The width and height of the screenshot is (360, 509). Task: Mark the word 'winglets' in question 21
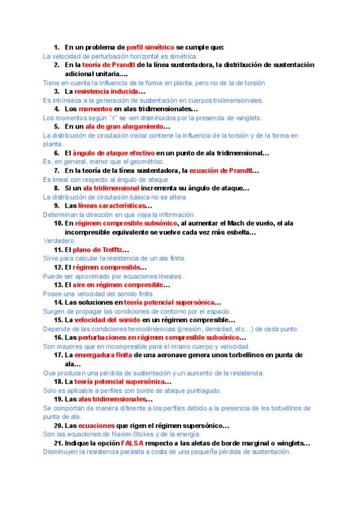[291, 443]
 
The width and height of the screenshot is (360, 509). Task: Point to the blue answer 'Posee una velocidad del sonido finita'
[98, 294]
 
